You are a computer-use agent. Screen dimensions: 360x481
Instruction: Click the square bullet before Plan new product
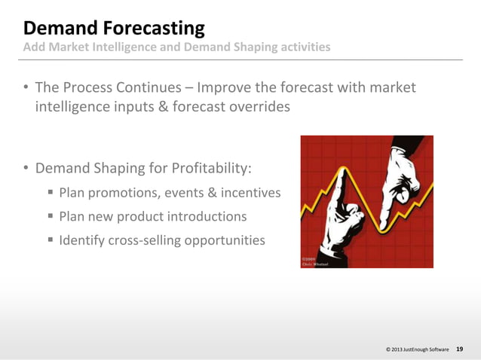(51, 217)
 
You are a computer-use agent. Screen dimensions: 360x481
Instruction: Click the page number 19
(460, 349)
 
